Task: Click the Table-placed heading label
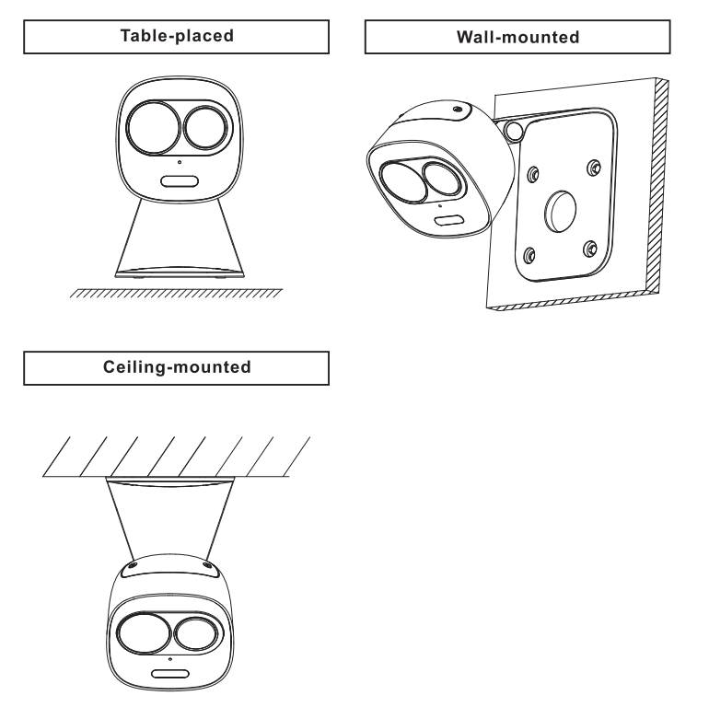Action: (x=178, y=39)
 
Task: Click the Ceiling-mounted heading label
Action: (x=178, y=367)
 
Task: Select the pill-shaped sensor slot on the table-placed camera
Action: (x=180, y=180)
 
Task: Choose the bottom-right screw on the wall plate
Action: (x=589, y=249)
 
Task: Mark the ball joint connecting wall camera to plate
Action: (x=515, y=130)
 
